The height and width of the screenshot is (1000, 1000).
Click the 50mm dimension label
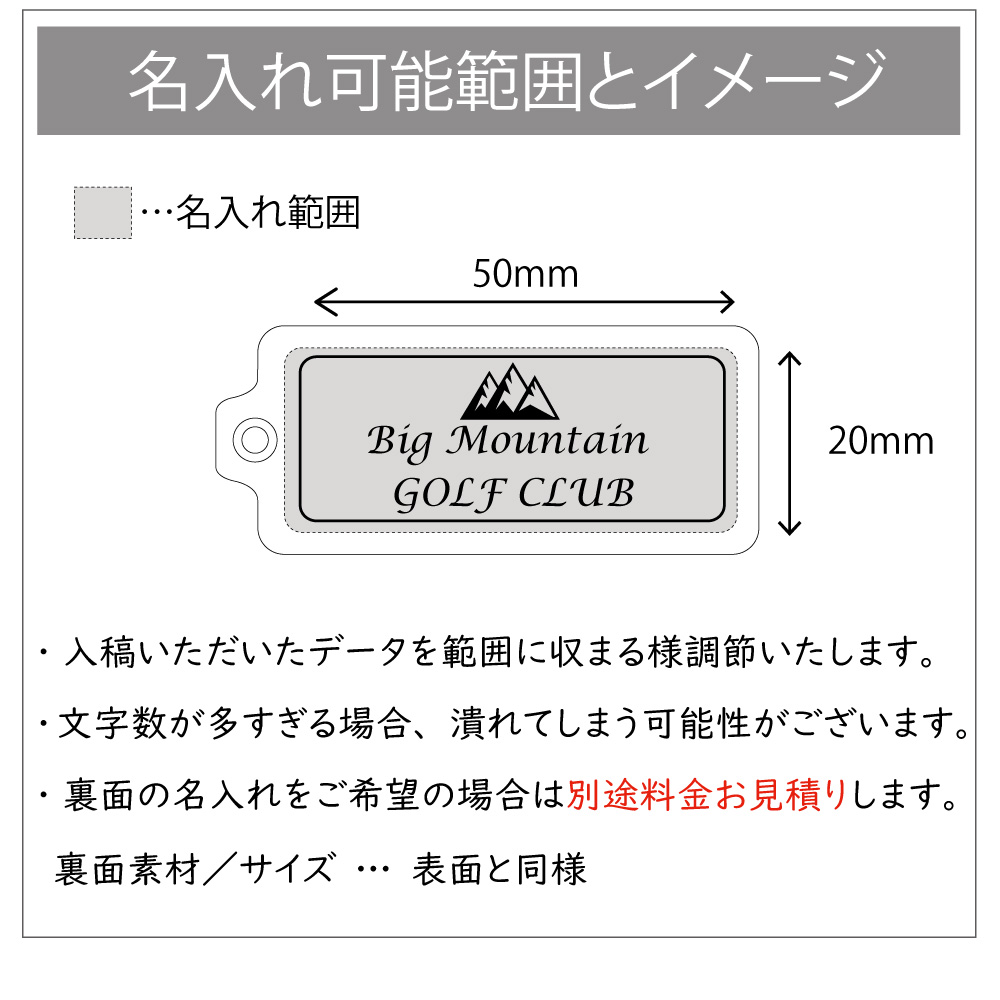pyautogui.click(x=526, y=274)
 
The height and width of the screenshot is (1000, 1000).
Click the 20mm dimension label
pyautogui.click(x=881, y=441)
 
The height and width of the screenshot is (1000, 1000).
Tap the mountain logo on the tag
pyautogui.click(x=510, y=392)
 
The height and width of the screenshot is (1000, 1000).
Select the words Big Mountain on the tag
pyautogui.click(x=508, y=442)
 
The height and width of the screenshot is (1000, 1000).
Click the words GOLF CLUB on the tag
pyautogui.click(x=513, y=494)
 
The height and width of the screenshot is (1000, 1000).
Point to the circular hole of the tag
pyautogui.click(x=255, y=440)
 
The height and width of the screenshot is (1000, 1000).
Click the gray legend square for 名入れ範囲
pyautogui.click(x=103, y=212)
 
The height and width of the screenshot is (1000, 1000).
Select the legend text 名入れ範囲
pyautogui.click(x=268, y=212)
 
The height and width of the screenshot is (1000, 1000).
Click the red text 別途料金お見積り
pyautogui.click(x=707, y=795)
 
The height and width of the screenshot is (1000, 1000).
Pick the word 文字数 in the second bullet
pyautogui.click(x=112, y=724)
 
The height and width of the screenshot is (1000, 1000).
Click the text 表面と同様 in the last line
pyautogui.click(x=499, y=869)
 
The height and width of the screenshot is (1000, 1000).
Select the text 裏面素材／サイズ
pyautogui.click(x=194, y=869)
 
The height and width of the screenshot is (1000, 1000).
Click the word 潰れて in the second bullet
pyautogui.click(x=503, y=724)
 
